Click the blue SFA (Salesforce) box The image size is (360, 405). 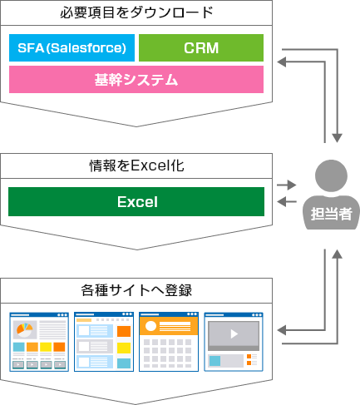pos(72,47)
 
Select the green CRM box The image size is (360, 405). pos(201,47)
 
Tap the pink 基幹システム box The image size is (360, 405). pos(136,79)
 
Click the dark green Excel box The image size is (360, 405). pos(136,201)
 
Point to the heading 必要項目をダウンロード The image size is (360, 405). pos(136,12)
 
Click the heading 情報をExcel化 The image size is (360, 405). pos(136,165)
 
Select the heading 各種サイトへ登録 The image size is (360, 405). pos(136,290)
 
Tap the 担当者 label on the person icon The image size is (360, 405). pos(331,214)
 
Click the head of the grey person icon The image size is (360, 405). pos(331,175)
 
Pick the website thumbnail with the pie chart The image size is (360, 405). pos(39,342)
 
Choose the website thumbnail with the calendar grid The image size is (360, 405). pos(169,342)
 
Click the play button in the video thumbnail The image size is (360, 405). pos(234,334)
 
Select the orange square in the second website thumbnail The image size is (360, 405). pos(124,331)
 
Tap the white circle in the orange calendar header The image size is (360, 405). pos(150,326)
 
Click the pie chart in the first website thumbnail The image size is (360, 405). pos(25,329)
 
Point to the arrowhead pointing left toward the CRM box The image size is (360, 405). pos(281,62)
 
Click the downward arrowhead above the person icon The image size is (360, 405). pos(338,138)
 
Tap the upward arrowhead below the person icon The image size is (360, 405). pos(338,254)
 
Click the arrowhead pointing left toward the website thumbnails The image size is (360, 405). pos(281,330)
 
